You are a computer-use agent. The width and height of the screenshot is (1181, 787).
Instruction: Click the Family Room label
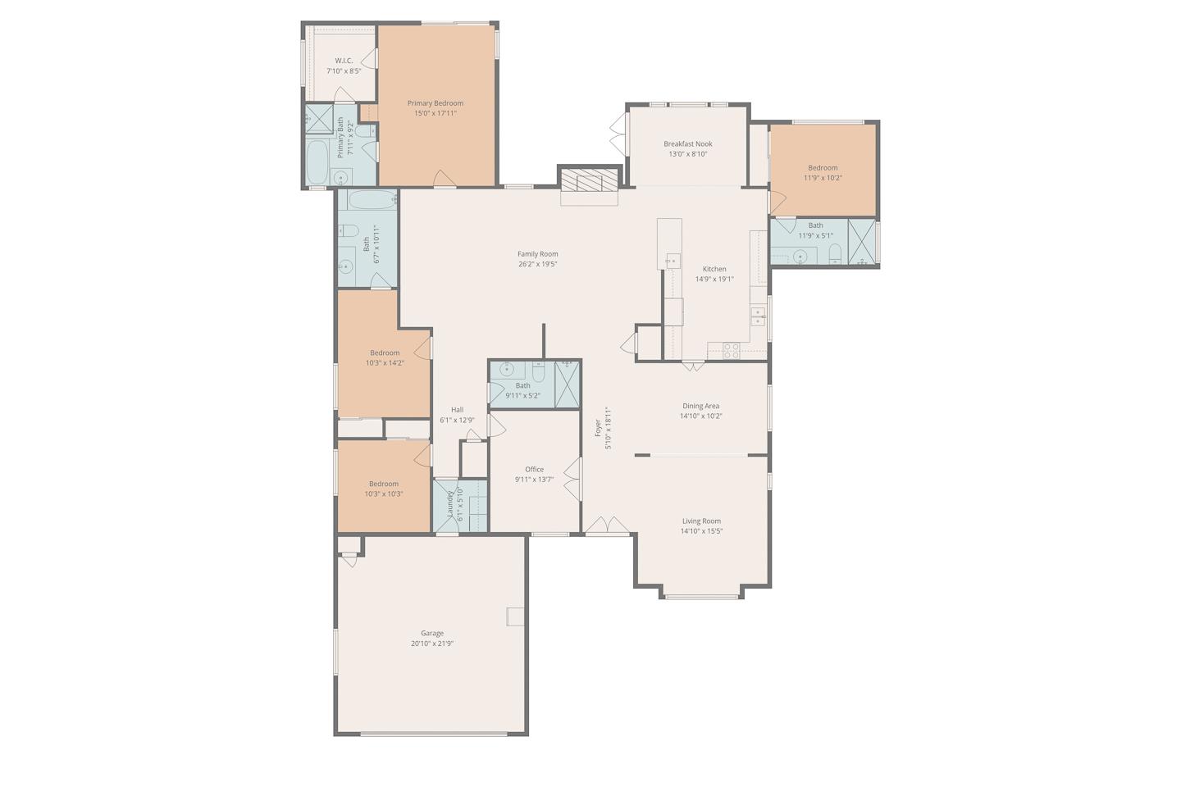click(537, 254)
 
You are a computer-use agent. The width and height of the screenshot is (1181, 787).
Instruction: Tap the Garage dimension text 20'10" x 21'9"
click(432, 644)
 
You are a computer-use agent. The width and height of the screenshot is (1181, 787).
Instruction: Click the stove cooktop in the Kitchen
click(730, 350)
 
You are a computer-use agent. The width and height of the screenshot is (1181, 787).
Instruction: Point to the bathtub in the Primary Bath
click(317, 161)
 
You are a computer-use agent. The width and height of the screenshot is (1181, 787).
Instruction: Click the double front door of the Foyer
click(607, 526)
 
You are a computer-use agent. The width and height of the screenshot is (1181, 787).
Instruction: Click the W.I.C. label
click(344, 61)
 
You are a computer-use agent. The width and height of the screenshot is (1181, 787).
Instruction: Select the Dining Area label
click(700, 406)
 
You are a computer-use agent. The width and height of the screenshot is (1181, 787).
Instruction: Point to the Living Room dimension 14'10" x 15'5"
click(701, 531)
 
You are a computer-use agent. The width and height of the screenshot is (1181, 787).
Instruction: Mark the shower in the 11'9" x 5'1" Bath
click(861, 243)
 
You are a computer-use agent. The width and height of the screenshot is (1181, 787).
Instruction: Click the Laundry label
click(450, 506)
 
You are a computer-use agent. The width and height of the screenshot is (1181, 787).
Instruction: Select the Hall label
click(457, 410)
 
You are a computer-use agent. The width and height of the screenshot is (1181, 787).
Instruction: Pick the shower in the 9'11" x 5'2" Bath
click(568, 384)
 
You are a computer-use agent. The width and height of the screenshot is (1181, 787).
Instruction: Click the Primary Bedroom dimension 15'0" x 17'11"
click(435, 113)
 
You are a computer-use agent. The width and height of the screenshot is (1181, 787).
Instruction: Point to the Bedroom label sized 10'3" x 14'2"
click(385, 353)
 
